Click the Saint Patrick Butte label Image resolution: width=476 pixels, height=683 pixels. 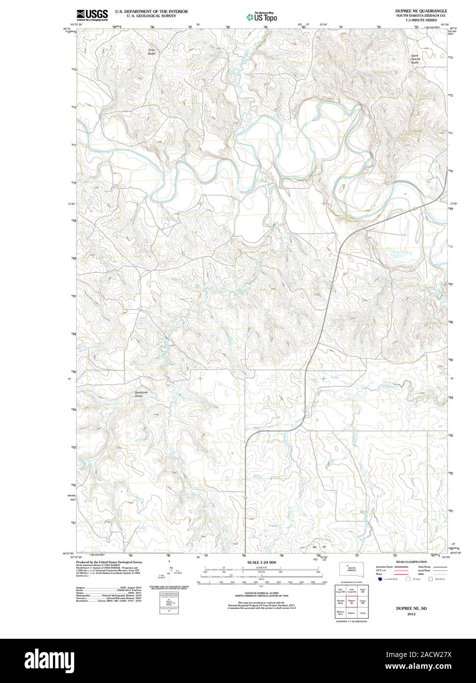pyautogui.click(x=416, y=59)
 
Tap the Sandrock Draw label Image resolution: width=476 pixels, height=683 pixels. pyautogui.click(x=141, y=394)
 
